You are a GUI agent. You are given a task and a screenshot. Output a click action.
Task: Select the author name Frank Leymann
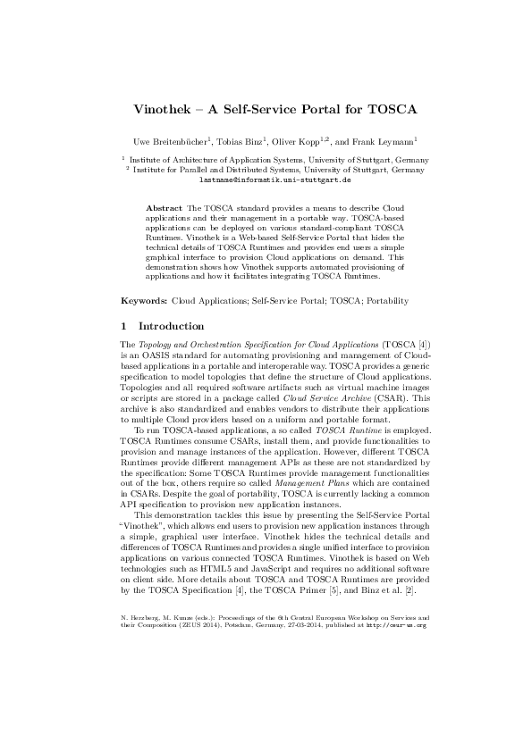pos(391,141)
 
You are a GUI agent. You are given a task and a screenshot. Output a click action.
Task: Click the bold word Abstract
pos(162,206)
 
